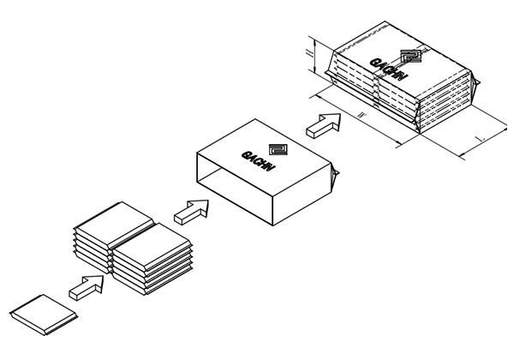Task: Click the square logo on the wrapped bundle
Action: coord(413,57)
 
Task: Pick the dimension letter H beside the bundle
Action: coord(309,53)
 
